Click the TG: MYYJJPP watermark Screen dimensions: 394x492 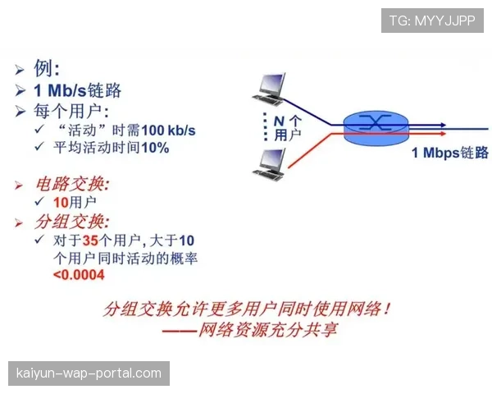click(x=432, y=21)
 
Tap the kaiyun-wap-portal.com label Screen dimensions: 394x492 click(x=89, y=373)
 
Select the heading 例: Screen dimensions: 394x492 click(x=46, y=68)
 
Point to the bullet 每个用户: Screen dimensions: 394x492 click(x=72, y=111)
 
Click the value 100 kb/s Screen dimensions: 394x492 click(x=168, y=130)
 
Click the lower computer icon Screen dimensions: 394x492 click(x=270, y=163)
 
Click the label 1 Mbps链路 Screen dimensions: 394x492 click(x=449, y=153)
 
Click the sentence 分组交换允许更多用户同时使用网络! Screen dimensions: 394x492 click(x=246, y=309)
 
